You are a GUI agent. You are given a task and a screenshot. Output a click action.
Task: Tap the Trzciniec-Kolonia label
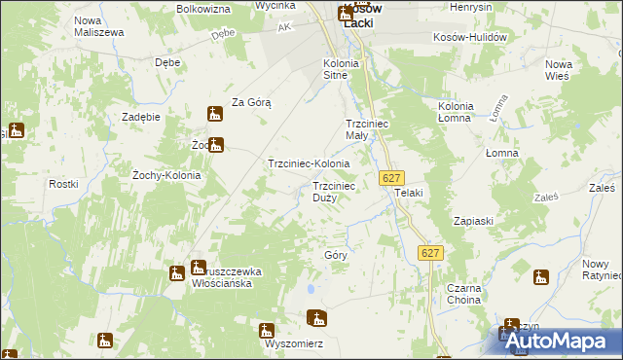pyautogui.click(x=309, y=164)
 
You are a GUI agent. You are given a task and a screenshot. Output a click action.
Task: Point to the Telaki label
pyautogui.click(x=409, y=193)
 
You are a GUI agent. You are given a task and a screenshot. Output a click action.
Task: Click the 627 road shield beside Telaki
pyautogui.click(x=390, y=178)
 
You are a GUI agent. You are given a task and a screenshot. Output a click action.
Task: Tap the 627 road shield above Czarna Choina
pyautogui.click(x=431, y=253)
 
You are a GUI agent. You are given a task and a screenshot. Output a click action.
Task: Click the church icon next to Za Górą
pyautogui.click(x=216, y=115)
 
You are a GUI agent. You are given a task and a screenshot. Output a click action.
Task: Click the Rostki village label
pyautogui.click(x=63, y=184)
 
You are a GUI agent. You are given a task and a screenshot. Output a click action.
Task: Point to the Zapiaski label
pyautogui.click(x=473, y=221)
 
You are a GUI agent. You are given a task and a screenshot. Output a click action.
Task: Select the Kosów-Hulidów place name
pyautogui.click(x=471, y=36)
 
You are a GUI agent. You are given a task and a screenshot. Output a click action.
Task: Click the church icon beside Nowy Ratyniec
pyautogui.click(x=541, y=278)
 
